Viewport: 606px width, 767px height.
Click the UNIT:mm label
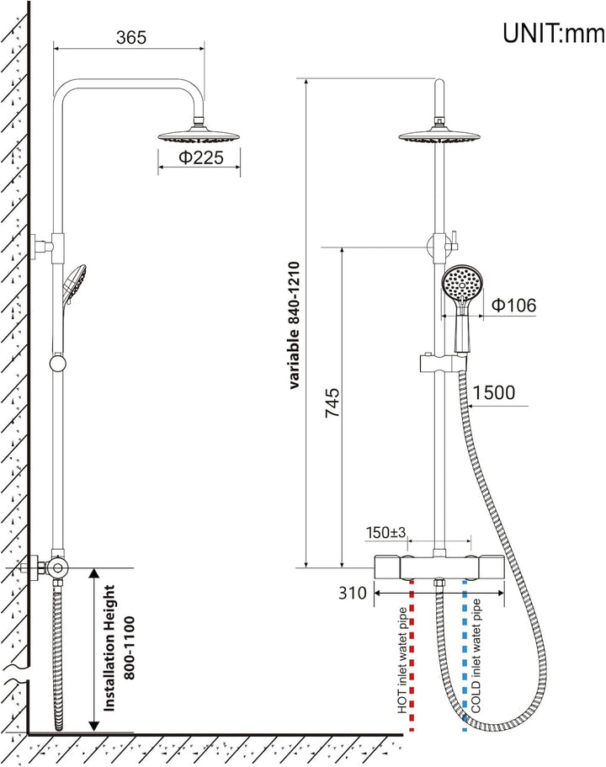(554, 34)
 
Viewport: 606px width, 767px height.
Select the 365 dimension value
(131, 37)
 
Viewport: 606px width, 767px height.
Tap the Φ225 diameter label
(201, 157)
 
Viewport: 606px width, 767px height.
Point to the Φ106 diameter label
(513, 305)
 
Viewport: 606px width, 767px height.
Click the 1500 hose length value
(493, 392)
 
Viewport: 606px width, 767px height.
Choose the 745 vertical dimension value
(332, 402)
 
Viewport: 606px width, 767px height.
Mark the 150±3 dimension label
(385, 532)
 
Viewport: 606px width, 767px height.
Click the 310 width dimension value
(352, 593)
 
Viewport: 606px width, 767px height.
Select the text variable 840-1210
(294, 325)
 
